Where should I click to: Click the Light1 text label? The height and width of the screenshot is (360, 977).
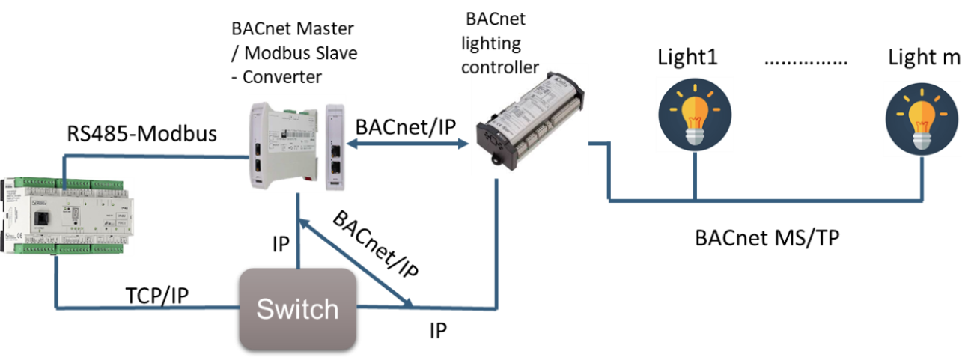pyautogui.click(x=688, y=58)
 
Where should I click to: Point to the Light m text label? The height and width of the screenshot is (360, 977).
pyautogui.click(x=924, y=57)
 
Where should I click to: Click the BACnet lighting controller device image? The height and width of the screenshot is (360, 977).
pyautogui.click(x=525, y=115)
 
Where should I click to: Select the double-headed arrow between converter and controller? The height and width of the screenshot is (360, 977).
pyautogui.click(x=407, y=146)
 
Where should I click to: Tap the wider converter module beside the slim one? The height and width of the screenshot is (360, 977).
pyautogui.click(x=281, y=145)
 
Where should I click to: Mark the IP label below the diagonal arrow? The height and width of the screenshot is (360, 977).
pyautogui.click(x=438, y=330)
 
